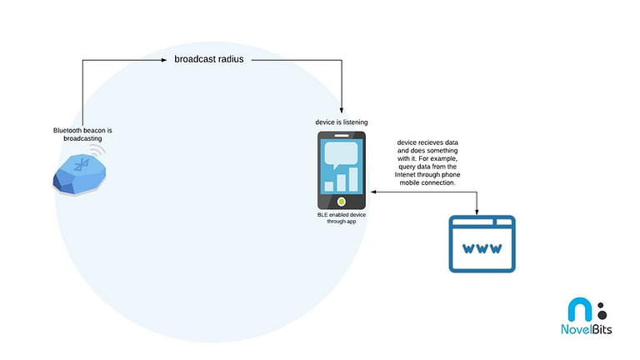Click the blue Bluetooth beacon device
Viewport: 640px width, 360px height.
[x=80, y=174]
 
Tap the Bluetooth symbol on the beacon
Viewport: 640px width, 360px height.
[x=81, y=165]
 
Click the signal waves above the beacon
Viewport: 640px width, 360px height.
[x=98, y=151]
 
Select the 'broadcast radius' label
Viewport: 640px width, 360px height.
[x=209, y=59]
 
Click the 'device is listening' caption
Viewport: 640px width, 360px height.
[x=341, y=122]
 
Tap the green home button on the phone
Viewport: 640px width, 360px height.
[x=341, y=201]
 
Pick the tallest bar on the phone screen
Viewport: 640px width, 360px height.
[x=353, y=179]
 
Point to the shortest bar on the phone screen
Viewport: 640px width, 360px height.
[x=329, y=187]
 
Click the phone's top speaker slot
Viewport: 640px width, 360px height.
[x=342, y=136]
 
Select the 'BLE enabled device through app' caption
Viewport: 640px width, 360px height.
[x=341, y=218]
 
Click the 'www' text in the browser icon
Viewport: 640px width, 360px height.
[x=482, y=248]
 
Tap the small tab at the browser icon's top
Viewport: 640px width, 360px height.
[x=503, y=222]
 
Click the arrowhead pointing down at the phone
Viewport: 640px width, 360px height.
[x=342, y=110]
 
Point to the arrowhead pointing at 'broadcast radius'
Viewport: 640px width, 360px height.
[x=164, y=60]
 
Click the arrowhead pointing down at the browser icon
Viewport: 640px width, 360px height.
[x=477, y=212]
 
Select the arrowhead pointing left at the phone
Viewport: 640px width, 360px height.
[x=373, y=192]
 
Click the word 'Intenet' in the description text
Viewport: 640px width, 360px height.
[x=404, y=175]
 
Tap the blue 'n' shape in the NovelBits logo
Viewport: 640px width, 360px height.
[x=580, y=309]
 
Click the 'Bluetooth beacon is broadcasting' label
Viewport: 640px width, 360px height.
[x=82, y=134]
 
